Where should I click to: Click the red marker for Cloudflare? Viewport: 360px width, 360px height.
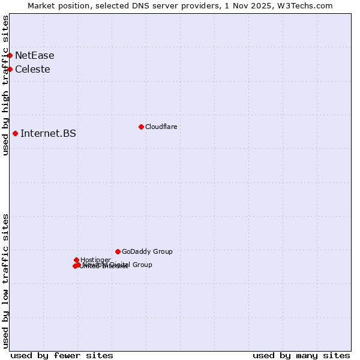[141, 127]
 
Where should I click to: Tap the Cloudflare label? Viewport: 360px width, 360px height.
[161, 127]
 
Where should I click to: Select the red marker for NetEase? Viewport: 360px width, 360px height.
[10, 55]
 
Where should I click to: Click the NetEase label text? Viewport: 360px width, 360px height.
[34, 56]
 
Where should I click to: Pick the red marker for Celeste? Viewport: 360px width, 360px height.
[10, 69]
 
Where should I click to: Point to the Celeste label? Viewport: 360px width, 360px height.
[32, 70]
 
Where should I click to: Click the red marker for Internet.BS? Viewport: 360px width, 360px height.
[15, 133]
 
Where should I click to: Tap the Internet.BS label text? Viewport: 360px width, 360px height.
[48, 134]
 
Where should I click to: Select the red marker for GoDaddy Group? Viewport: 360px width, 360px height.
[118, 251]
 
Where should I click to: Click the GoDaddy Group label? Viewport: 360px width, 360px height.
[147, 252]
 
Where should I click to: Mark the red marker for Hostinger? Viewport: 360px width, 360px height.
[76, 260]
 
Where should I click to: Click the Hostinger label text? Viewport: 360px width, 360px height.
[95, 260]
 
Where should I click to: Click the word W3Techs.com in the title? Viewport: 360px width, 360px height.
[308, 5]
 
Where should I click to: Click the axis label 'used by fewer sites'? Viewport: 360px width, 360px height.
[62, 355]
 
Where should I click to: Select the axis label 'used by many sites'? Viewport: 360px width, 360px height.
[301, 355]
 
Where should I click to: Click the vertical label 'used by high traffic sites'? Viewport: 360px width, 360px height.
[6, 85]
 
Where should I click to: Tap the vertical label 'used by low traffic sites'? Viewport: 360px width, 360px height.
[6, 281]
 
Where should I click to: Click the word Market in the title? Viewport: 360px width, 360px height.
[42, 5]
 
